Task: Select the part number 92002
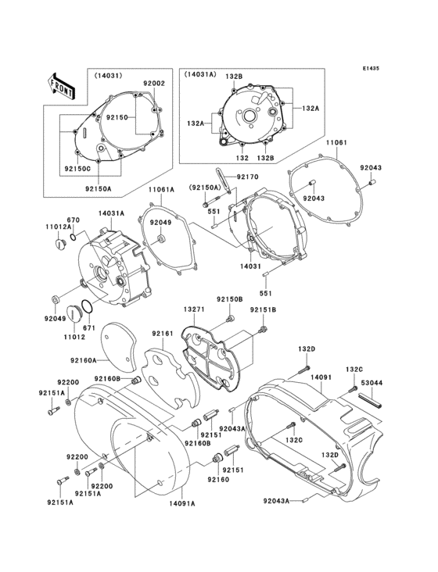tap(153, 83)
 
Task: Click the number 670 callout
tap(74, 220)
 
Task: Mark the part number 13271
tap(193, 309)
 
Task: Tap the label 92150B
tap(229, 299)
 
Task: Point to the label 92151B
tap(263, 309)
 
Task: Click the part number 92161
tap(162, 333)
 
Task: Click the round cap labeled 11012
tap(75, 314)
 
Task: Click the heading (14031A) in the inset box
tap(203, 75)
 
